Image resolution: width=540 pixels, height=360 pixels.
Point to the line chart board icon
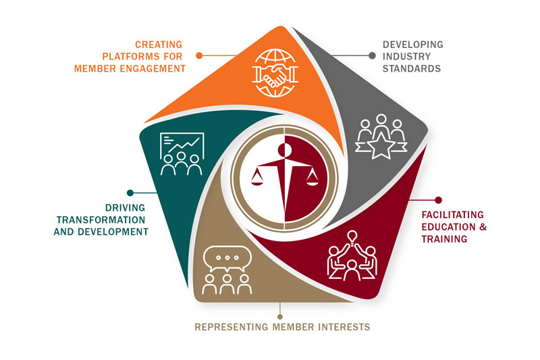182,145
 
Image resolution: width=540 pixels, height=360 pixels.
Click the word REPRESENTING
235,327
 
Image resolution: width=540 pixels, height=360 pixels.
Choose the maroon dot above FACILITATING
437,200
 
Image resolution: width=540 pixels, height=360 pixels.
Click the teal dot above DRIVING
130,193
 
